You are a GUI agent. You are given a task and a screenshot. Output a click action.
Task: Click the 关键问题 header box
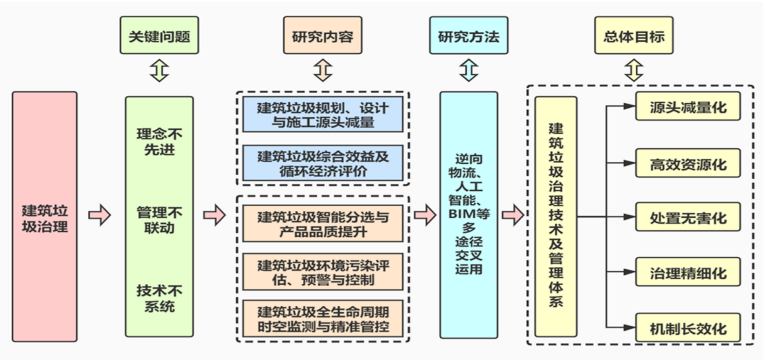pos(159,37)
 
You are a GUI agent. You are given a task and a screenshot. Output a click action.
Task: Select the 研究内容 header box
pos(322,37)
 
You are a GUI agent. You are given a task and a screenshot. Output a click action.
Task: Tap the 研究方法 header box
pos(468,37)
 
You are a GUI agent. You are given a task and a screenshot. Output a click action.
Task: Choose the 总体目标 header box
pos(633,37)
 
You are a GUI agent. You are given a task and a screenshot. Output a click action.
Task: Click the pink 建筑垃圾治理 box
pos(45,216)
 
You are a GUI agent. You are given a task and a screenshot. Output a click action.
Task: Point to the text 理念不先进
pos(159,142)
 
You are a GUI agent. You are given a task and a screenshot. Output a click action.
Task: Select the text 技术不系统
pos(159,299)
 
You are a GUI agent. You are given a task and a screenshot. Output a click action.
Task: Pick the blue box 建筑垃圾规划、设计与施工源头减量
pos(323,115)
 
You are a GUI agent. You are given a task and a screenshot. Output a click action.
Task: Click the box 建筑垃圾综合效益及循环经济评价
pos(323,163)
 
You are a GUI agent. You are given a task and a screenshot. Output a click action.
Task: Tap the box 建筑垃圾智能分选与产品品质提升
pos(323,224)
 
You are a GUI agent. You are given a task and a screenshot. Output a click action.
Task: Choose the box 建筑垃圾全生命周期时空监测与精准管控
pos(323,318)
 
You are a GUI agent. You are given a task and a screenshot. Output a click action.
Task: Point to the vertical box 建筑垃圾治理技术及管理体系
pos(556,216)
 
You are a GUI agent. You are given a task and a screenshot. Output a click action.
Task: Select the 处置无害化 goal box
pos(687,218)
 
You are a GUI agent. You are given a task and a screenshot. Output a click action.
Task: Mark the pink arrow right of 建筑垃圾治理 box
pos(99,216)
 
